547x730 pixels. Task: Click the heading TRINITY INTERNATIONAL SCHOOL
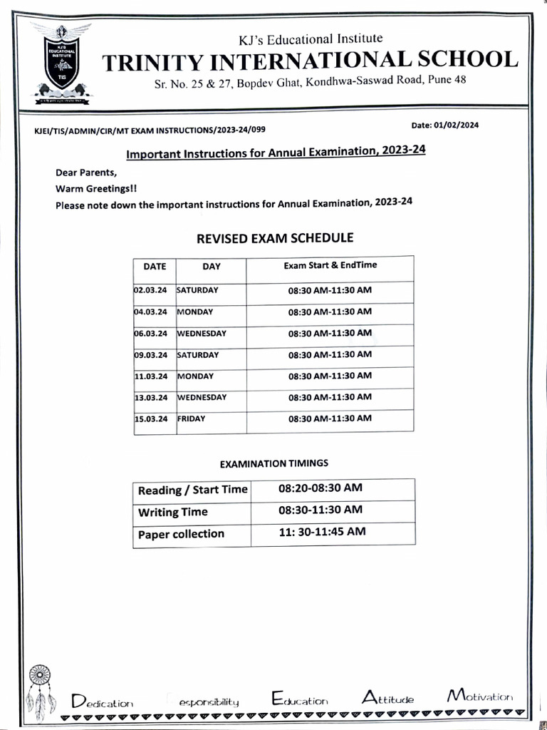310,60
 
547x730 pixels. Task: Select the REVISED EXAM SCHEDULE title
274,238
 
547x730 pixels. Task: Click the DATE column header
155,267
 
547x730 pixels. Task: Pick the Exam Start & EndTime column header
330,265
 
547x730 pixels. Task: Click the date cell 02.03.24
150,291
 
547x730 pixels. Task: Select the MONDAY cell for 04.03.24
195,312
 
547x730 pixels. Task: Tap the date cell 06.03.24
150,334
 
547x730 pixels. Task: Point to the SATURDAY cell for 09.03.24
198,355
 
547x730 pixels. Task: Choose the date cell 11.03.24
150,376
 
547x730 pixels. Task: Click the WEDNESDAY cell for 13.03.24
202,397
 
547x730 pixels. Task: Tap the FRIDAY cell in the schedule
191,419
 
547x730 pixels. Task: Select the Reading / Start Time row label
192,490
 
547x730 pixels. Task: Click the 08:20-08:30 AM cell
321,488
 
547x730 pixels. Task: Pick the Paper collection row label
181,534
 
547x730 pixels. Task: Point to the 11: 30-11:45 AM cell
322,532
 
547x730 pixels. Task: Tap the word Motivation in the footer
479,696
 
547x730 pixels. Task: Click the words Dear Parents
85,173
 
